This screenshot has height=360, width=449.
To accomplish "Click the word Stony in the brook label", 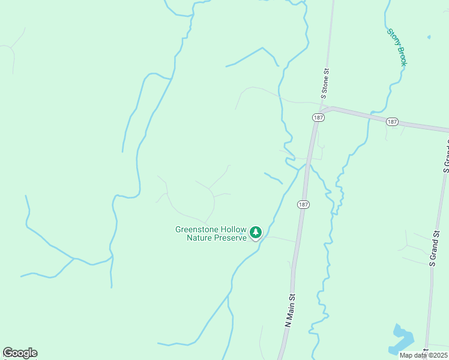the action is coord(394,37).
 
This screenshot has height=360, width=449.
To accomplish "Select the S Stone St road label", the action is coord(325,83).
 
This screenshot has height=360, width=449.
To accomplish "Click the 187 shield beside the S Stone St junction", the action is coord(318,116).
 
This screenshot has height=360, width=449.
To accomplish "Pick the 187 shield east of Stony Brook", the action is coord(392,121).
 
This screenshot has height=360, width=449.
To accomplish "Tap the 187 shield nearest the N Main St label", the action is coord(304,205).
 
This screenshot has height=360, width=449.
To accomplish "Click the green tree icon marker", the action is coord(256,232).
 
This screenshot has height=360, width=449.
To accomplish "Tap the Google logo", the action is coord(20,353).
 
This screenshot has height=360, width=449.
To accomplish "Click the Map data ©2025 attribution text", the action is coord(423,355).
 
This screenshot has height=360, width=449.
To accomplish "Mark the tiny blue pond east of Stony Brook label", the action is coord(429,37).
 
